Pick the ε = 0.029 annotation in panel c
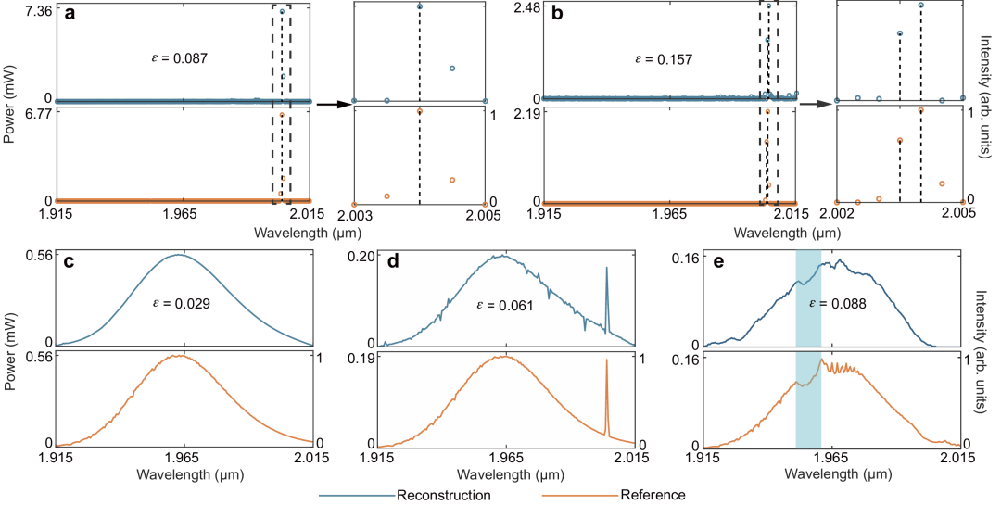coord(181,305)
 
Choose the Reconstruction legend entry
coord(407,495)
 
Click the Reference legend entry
coord(613,495)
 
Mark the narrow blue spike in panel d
coord(606,300)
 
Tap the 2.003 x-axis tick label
coord(352,214)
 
